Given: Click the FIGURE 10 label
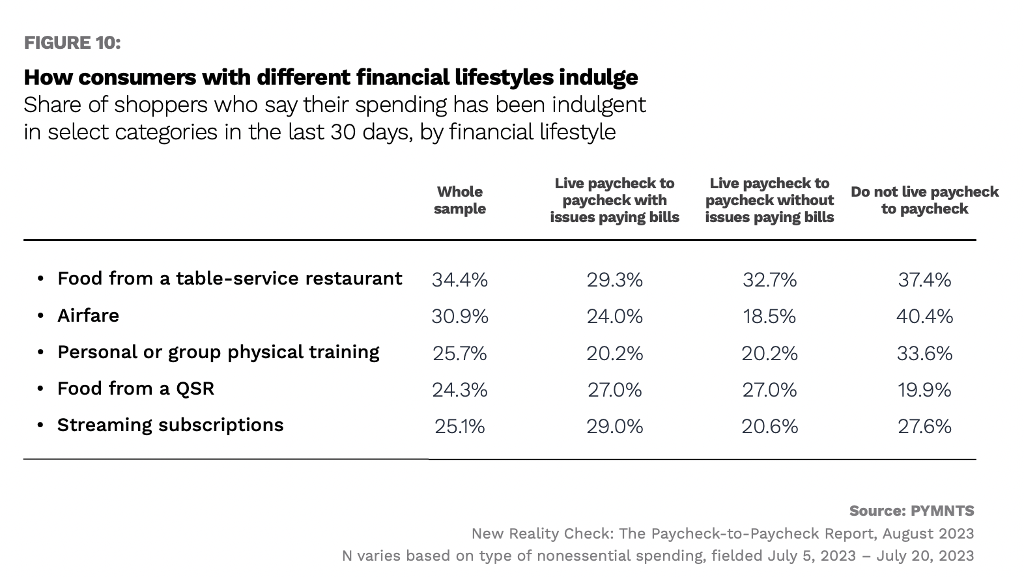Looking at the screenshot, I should pyautogui.click(x=72, y=43).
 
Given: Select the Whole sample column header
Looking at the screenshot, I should pyautogui.click(x=460, y=200).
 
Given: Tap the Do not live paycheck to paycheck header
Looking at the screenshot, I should pyautogui.click(x=924, y=200).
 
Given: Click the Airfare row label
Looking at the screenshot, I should pyautogui.click(x=89, y=316).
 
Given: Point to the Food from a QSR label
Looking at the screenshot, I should pyautogui.click(x=135, y=389).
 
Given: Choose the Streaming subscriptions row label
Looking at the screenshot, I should pyautogui.click(x=170, y=425).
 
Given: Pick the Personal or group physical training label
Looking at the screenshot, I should pyautogui.click(x=218, y=352).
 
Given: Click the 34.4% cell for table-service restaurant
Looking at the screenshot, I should pyautogui.click(x=460, y=280).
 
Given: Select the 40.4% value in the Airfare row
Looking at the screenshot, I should pyautogui.click(x=924, y=317).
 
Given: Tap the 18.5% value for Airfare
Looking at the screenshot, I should pyautogui.click(x=769, y=317).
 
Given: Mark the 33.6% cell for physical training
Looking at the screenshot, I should pyautogui.click(x=924, y=353).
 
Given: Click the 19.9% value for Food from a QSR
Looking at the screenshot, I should pyautogui.click(x=924, y=389).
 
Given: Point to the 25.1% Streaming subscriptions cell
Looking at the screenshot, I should pyautogui.click(x=460, y=426).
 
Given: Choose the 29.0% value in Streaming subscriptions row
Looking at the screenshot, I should pyautogui.click(x=614, y=426).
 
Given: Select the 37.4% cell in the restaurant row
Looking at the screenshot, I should pyautogui.click(x=924, y=280).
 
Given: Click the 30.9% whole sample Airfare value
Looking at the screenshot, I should pyautogui.click(x=460, y=317).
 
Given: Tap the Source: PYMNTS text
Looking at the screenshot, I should pyautogui.click(x=911, y=511).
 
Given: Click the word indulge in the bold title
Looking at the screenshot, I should pyautogui.click(x=598, y=77).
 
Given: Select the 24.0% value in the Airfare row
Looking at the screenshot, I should pyautogui.click(x=614, y=317).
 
